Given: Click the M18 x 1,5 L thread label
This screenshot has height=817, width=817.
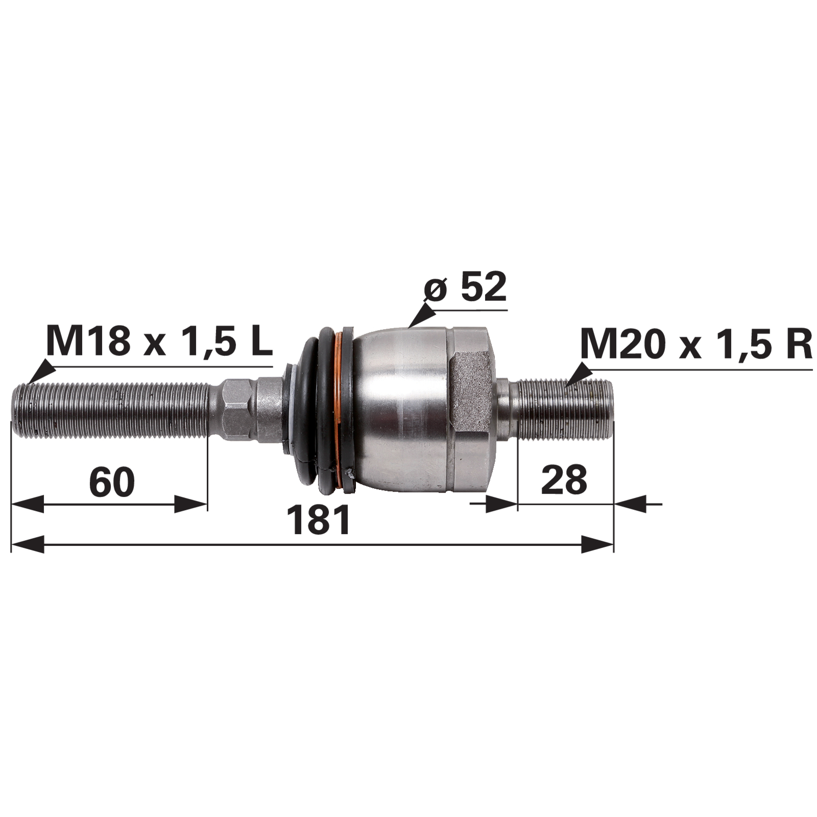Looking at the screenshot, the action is tap(159, 341).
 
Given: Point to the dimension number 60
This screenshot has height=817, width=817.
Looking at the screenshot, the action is tap(112, 482).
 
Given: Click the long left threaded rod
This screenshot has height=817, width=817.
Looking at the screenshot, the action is tap(110, 411).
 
